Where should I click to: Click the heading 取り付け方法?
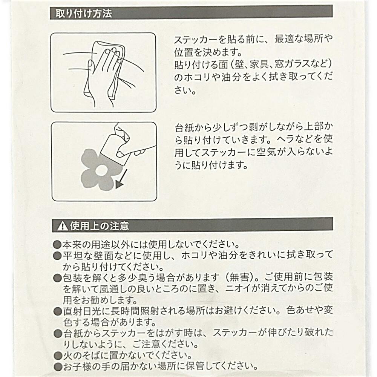(84, 14)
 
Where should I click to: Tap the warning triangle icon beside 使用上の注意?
(63, 226)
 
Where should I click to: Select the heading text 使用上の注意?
(99, 226)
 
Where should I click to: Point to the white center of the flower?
(101, 170)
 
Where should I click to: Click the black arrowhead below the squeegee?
(119, 184)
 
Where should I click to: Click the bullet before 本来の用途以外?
(58, 245)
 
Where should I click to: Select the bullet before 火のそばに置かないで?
(58, 356)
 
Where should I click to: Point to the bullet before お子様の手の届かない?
(58, 367)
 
